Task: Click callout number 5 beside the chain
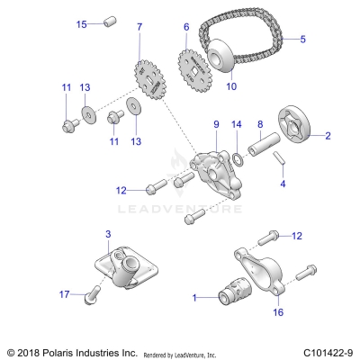[x=302, y=39]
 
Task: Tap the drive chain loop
[x=270, y=27]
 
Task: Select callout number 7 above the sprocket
[x=139, y=27]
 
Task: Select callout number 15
[x=82, y=23]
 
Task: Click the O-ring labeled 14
[x=237, y=159]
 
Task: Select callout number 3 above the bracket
[x=108, y=234]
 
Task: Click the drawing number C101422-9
[x=327, y=352]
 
